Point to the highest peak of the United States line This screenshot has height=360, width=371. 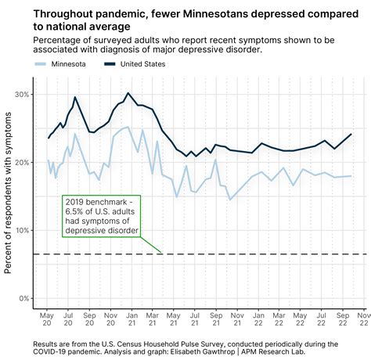(x=128, y=93)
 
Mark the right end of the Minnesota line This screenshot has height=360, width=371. (x=350, y=176)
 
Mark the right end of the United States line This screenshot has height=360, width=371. (x=351, y=134)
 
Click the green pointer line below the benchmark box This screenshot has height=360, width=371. (x=151, y=243)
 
